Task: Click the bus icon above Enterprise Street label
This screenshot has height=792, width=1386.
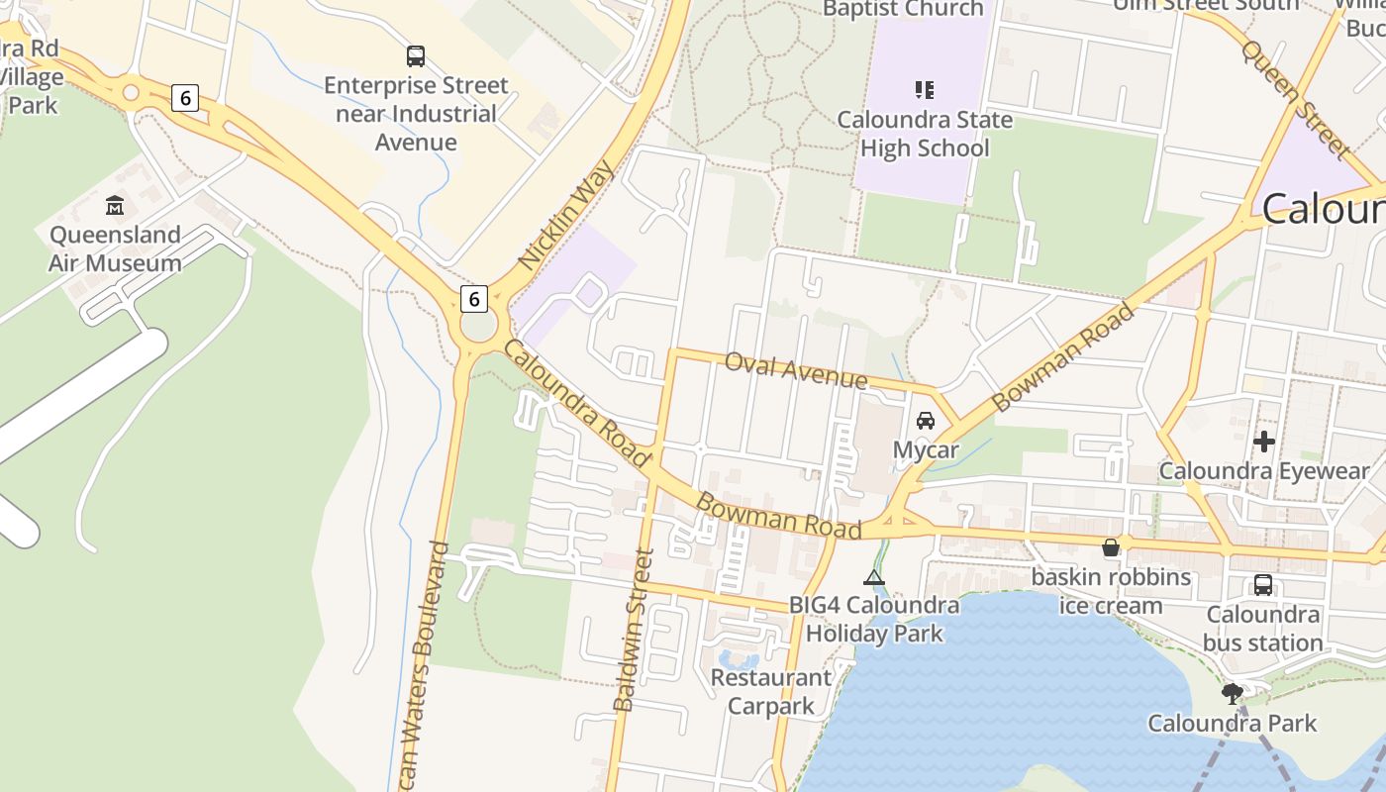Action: [x=416, y=56]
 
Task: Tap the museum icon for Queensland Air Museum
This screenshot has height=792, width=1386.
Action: [x=115, y=206]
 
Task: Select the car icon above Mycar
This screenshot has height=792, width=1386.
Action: [x=926, y=420]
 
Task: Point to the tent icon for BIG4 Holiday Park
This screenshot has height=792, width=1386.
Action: [x=873, y=577]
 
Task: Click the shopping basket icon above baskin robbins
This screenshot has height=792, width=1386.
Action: [x=1111, y=547]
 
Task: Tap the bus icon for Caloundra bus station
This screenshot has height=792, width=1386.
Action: [x=1263, y=584]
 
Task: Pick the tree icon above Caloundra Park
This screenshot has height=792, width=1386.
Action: [x=1232, y=693]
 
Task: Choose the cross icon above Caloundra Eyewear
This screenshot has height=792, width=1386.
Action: [x=1263, y=441]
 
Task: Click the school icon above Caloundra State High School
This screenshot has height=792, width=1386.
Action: [x=924, y=90]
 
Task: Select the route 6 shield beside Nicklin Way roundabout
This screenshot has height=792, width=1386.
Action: [x=474, y=298]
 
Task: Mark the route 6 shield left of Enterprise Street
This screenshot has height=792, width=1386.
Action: [x=184, y=98]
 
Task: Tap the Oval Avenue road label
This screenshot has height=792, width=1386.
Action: [x=796, y=370]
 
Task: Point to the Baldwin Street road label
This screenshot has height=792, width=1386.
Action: [x=634, y=630]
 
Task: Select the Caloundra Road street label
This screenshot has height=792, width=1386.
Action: [x=576, y=402]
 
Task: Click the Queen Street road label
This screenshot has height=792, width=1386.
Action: [x=1295, y=98]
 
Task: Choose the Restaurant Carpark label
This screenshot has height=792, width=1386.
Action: [x=770, y=692]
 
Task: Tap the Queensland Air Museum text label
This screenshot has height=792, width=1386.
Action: [x=115, y=248]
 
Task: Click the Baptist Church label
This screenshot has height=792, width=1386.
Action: [x=903, y=10]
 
